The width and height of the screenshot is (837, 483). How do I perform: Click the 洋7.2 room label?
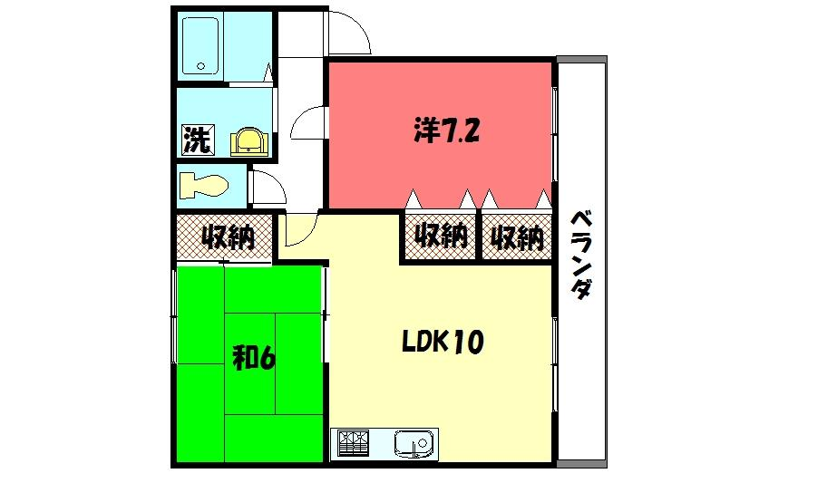pyautogui.click(x=446, y=132)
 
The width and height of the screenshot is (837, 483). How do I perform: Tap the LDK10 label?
pyautogui.click(x=443, y=342)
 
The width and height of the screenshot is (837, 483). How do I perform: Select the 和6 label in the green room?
pyautogui.click(x=254, y=359)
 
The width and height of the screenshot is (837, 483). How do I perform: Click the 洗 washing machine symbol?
pyautogui.click(x=196, y=140)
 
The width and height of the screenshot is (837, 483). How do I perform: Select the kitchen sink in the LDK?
pyautogui.click(x=414, y=445)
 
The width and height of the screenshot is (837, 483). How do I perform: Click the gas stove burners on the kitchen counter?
pyautogui.click(x=354, y=444)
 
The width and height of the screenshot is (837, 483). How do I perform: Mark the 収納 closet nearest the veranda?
pyautogui.click(x=517, y=238)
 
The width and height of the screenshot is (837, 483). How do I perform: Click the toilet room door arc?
pyautogui.click(x=268, y=187)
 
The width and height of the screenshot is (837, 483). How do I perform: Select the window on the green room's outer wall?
pyautogui.click(x=174, y=317)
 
